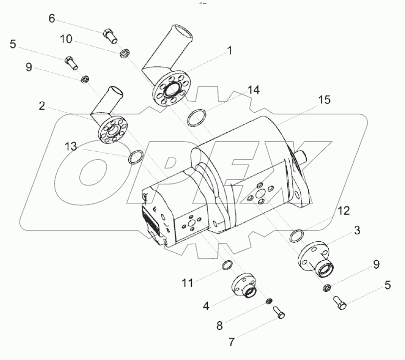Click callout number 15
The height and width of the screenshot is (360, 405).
tap(324, 100)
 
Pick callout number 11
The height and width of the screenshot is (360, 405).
tap(187, 283)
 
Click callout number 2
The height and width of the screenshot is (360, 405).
tap(42, 105)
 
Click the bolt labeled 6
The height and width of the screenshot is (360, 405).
tap(110, 35)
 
